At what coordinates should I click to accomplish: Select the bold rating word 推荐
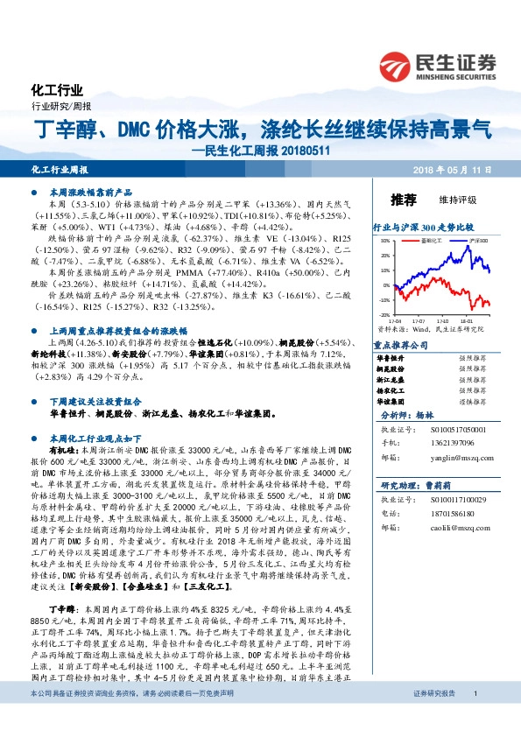coord(404,198)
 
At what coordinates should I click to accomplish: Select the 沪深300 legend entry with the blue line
coord(478,239)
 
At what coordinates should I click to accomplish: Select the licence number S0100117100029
coord(454,499)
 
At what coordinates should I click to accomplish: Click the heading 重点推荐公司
coord(399,346)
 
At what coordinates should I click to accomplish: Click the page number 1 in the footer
coord(475,718)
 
